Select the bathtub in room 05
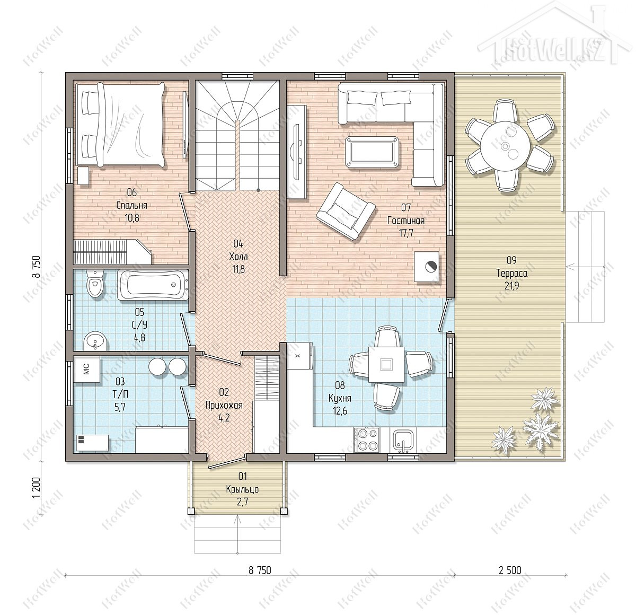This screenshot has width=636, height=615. pyautogui.click(x=153, y=285)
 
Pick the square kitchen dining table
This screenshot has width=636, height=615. pyautogui.click(x=386, y=364)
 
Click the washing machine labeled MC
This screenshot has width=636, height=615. pyautogui.click(x=86, y=370)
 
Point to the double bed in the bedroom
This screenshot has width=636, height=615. pyautogui.click(x=120, y=124)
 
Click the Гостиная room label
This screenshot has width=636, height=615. pyautogui.click(x=405, y=221)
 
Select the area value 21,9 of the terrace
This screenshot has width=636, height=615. pyautogui.click(x=511, y=286)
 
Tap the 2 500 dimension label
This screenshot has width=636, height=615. pyautogui.click(x=510, y=570)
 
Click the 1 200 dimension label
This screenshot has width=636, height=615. pyautogui.click(x=37, y=488)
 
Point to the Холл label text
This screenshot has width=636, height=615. pyautogui.click(x=238, y=256)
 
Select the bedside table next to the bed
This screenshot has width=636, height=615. pyautogui.click(x=84, y=176)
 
